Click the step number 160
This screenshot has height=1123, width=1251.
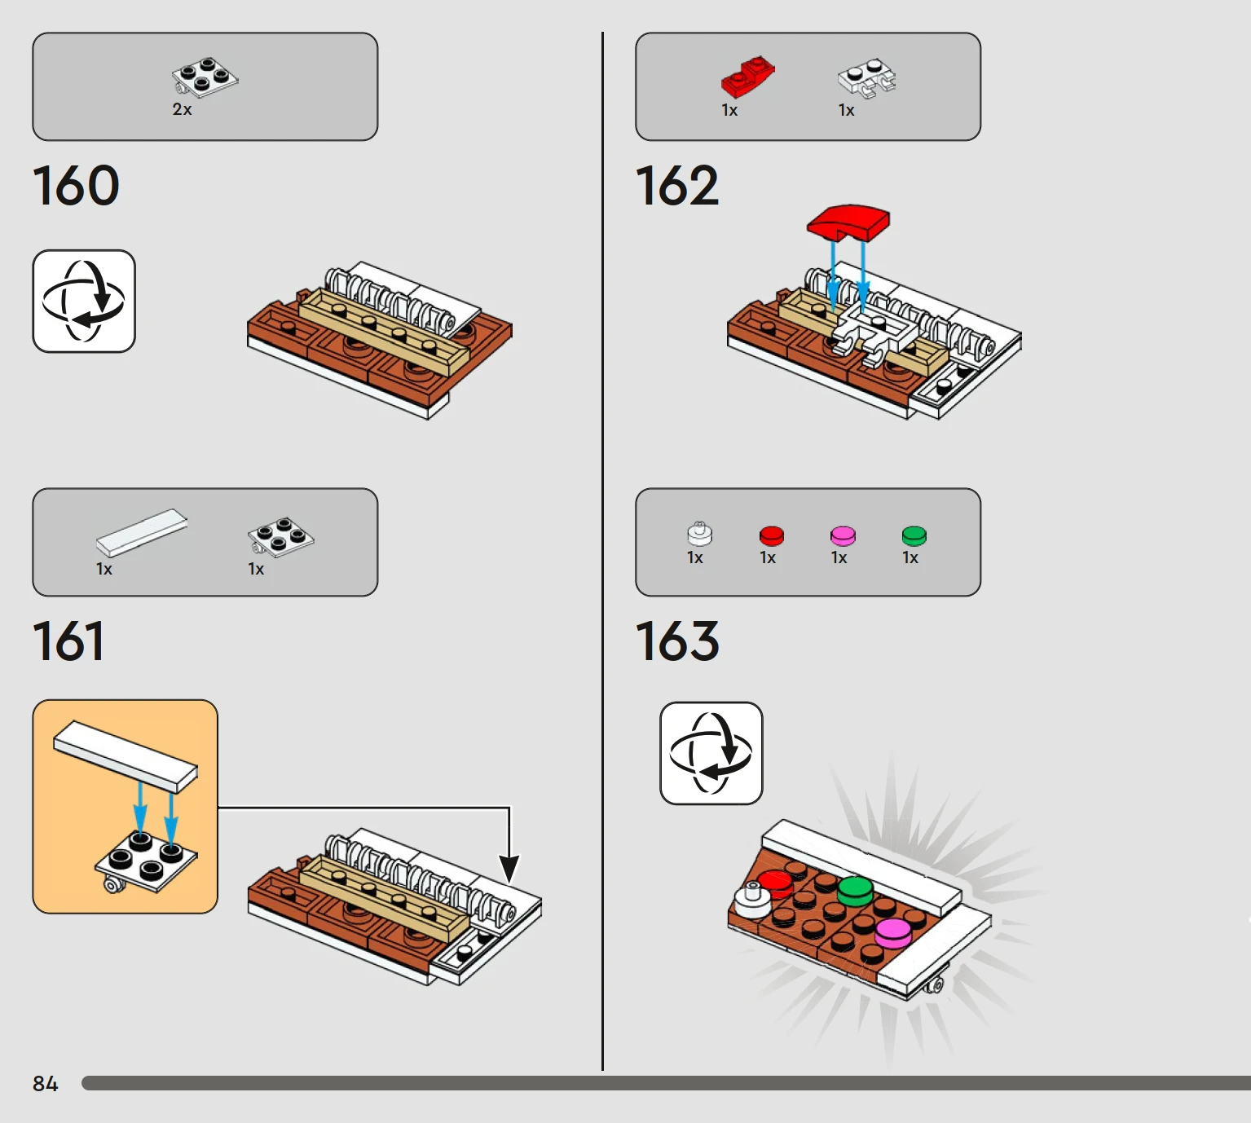(x=76, y=185)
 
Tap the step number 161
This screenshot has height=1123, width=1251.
(x=68, y=641)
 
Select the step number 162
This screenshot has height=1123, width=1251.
(x=677, y=185)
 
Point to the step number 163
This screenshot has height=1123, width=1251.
(x=677, y=641)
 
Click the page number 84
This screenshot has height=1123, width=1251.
(x=45, y=1084)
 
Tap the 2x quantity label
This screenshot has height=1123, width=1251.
(x=183, y=109)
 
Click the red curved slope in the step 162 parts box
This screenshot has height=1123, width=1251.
(x=748, y=77)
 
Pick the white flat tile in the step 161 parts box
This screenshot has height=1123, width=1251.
(x=142, y=532)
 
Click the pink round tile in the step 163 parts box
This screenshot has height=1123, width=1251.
(x=843, y=536)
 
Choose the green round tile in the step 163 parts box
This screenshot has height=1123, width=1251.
(x=914, y=536)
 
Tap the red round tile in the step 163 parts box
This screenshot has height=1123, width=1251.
(x=771, y=536)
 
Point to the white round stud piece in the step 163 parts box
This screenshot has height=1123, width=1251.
(x=699, y=534)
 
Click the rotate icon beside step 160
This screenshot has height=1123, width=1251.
(x=84, y=302)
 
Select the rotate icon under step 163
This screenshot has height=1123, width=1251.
(x=711, y=753)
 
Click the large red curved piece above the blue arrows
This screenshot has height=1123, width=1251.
(x=848, y=222)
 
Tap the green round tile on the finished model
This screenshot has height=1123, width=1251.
(x=855, y=891)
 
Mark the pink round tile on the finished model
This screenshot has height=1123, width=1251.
(x=893, y=933)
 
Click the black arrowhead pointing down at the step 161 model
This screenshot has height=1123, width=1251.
(x=509, y=870)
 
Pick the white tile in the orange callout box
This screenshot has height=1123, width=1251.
(x=126, y=756)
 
